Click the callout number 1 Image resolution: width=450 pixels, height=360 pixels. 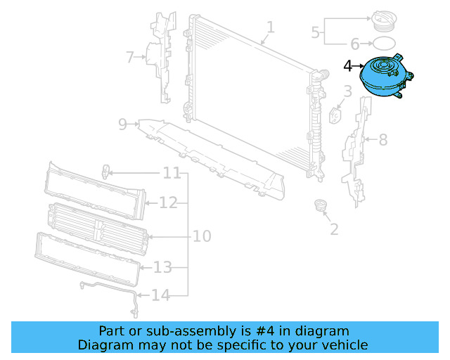(271, 27)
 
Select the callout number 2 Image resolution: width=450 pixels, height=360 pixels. (334, 229)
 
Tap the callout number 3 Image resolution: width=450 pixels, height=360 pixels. (347, 91)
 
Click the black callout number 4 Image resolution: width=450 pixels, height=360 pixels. (348, 66)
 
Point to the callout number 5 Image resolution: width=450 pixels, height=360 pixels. (315, 31)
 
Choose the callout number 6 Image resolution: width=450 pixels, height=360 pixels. (354, 44)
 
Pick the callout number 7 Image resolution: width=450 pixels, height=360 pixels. (129, 57)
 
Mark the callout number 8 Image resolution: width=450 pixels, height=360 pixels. (383, 140)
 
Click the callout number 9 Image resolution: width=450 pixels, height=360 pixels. (122, 124)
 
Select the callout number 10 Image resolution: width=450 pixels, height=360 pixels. (202, 236)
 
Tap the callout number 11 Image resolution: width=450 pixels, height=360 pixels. (172, 173)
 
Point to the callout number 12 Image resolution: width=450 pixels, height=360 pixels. (168, 203)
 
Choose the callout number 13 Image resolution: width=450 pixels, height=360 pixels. (162, 267)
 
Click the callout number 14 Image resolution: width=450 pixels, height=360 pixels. (161, 295)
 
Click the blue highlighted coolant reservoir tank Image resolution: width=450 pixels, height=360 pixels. (384, 79)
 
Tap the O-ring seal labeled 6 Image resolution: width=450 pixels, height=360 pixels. (388, 44)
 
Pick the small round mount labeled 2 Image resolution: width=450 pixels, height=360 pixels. (321, 207)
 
